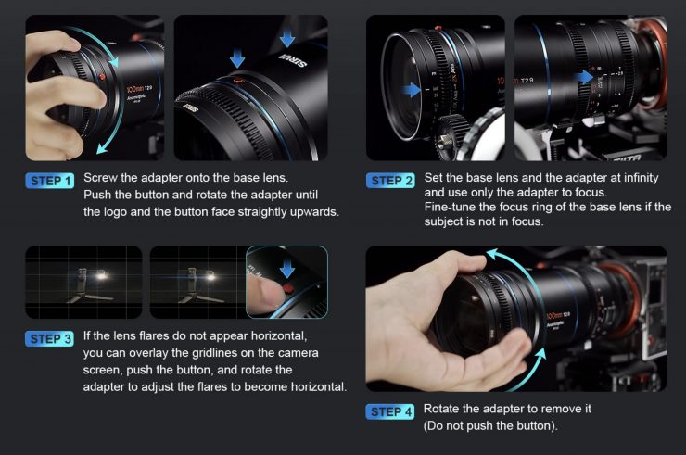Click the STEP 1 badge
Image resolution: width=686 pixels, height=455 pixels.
(50, 181)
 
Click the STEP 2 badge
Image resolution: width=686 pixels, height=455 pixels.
(390, 181)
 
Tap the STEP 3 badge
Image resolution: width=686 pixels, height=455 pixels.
(50, 338)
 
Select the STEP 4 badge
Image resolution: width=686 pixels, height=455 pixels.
(390, 411)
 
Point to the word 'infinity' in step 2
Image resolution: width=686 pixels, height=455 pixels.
(641, 178)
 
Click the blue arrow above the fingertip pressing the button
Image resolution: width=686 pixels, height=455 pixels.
(287, 269)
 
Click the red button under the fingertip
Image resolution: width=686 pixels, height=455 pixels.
(287, 288)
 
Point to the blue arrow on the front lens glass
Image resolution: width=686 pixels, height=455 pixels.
(411, 90)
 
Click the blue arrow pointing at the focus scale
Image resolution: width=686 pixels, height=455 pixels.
(585, 78)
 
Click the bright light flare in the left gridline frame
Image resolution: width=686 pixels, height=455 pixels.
(101, 275)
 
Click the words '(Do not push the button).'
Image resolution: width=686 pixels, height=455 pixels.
(490, 425)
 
